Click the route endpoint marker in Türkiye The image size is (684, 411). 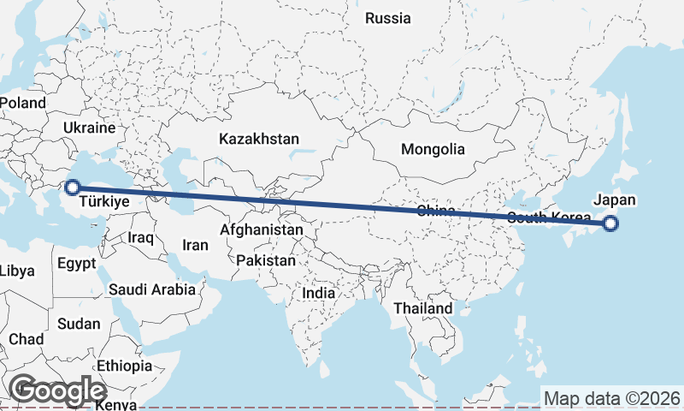73,188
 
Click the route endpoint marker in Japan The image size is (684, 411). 610,224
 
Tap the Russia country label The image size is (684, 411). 387,18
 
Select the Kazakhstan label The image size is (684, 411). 258,139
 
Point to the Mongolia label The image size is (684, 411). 433,149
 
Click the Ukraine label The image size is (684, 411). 88,128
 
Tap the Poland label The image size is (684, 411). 23,103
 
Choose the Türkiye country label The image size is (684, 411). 103,203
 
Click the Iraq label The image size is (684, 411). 140,236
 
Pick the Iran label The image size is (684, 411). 195,245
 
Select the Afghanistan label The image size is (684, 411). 261,230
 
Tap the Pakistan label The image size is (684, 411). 266,260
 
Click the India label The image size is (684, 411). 319,293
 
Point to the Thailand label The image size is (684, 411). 422,308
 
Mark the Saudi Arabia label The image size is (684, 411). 152,289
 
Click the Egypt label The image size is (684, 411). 78,264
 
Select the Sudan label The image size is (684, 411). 79,324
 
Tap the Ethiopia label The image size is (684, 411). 123,366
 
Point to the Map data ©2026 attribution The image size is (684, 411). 611,398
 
